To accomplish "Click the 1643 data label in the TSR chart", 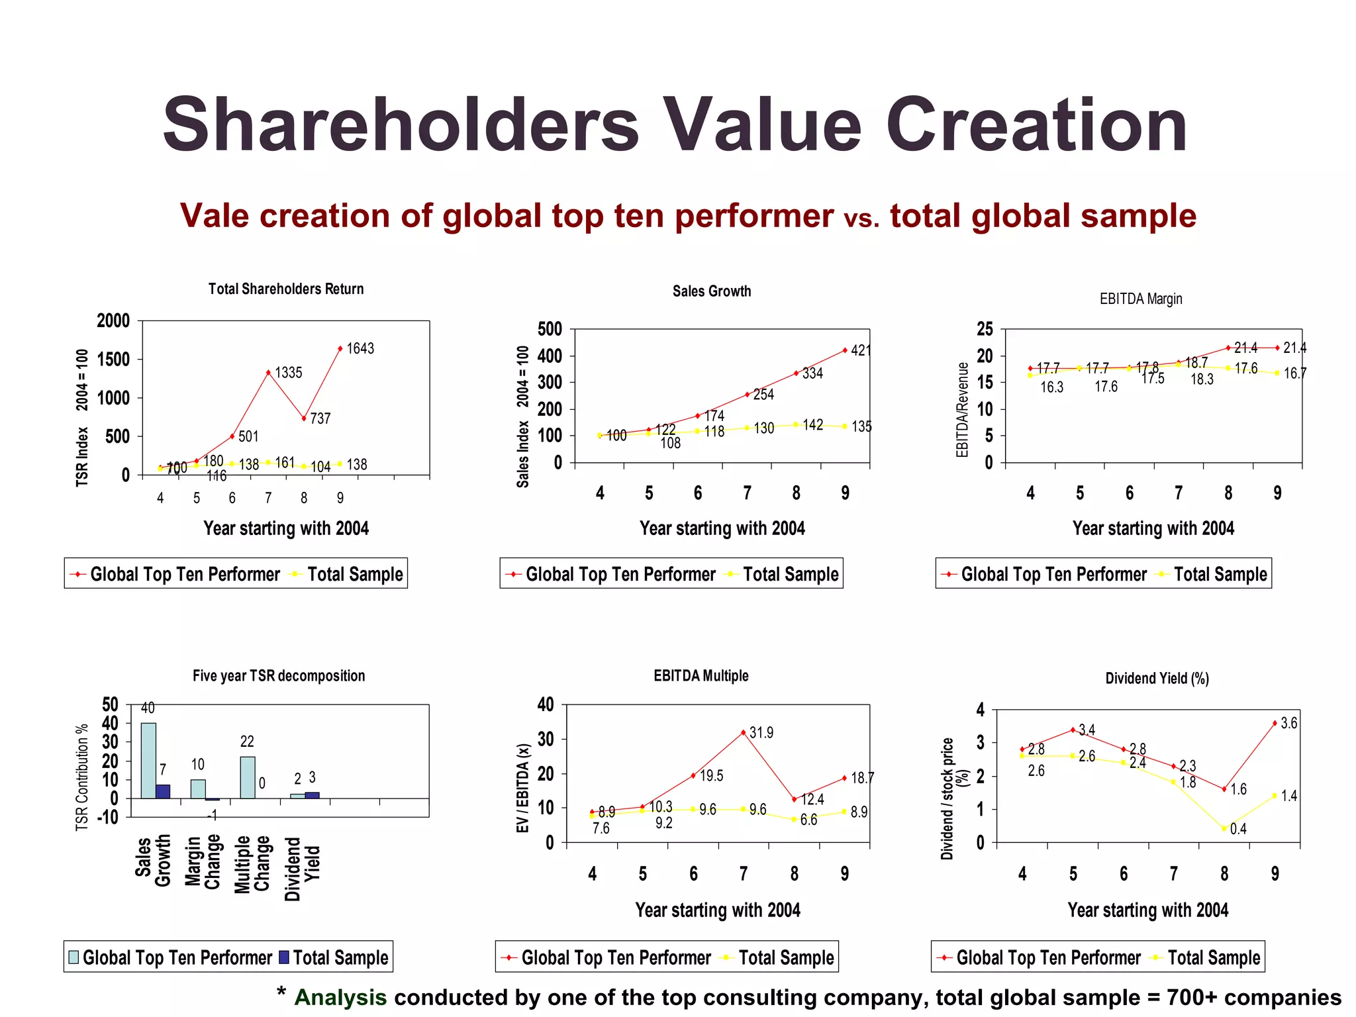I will click(x=360, y=348).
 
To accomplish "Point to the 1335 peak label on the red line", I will click(x=289, y=373).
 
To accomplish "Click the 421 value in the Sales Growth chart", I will click(x=860, y=350).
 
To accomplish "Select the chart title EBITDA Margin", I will click(x=1140, y=299).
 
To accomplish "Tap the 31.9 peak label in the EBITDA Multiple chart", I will click(x=761, y=733).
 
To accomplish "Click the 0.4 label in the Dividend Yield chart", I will click(x=1238, y=829).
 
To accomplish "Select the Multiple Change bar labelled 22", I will click(x=248, y=777).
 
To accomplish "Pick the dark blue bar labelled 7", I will click(x=163, y=791).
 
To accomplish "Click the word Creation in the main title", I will click(x=1036, y=125).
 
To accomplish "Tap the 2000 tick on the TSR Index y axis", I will click(x=113, y=321).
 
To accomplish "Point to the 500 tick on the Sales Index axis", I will click(x=550, y=329).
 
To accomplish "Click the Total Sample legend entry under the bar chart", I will click(x=334, y=957).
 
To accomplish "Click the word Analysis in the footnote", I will click(x=340, y=997).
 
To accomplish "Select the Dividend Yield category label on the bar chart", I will click(x=302, y=869).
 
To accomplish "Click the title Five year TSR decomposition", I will click(x=279, y=675).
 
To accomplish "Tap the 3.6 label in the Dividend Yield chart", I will click(x=1288, y=723).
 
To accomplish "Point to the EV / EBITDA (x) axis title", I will click(x=523, y=788).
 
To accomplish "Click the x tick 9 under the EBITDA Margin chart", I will click(x=1277, y=493).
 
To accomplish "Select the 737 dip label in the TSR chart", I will click(x=320, y=418).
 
